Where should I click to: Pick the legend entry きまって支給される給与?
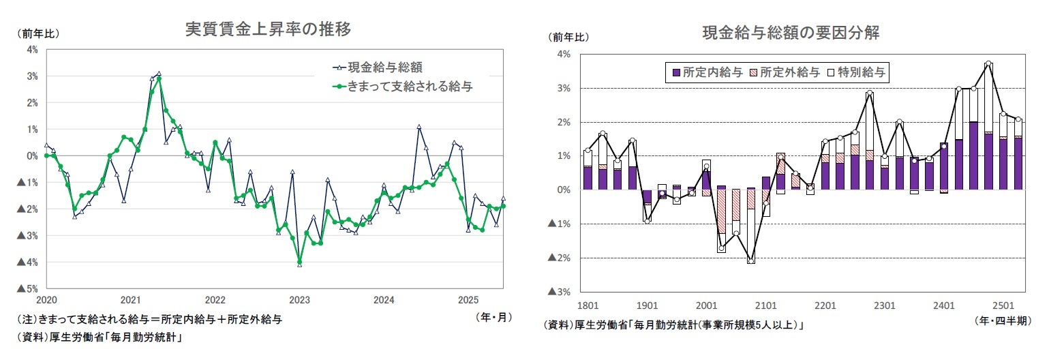410,87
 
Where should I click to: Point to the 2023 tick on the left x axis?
299,300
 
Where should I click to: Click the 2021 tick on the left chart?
130,300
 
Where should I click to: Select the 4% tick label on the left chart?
32,49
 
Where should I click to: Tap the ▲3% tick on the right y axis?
559,292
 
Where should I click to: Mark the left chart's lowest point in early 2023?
299,263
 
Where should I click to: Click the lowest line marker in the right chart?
750,260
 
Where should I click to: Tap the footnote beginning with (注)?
149,319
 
